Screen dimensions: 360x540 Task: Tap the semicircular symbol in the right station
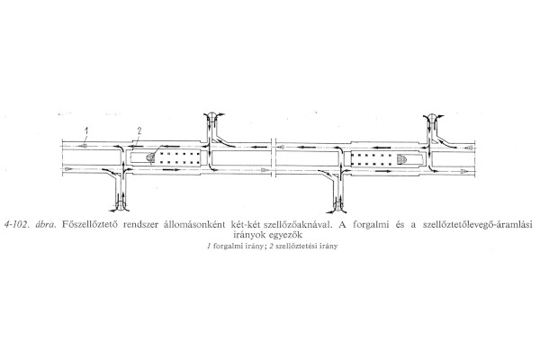[x=401, y=157]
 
